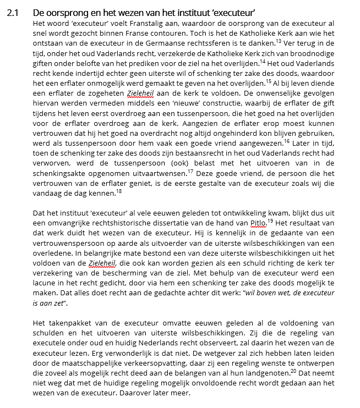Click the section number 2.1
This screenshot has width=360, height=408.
pos(13,12)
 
